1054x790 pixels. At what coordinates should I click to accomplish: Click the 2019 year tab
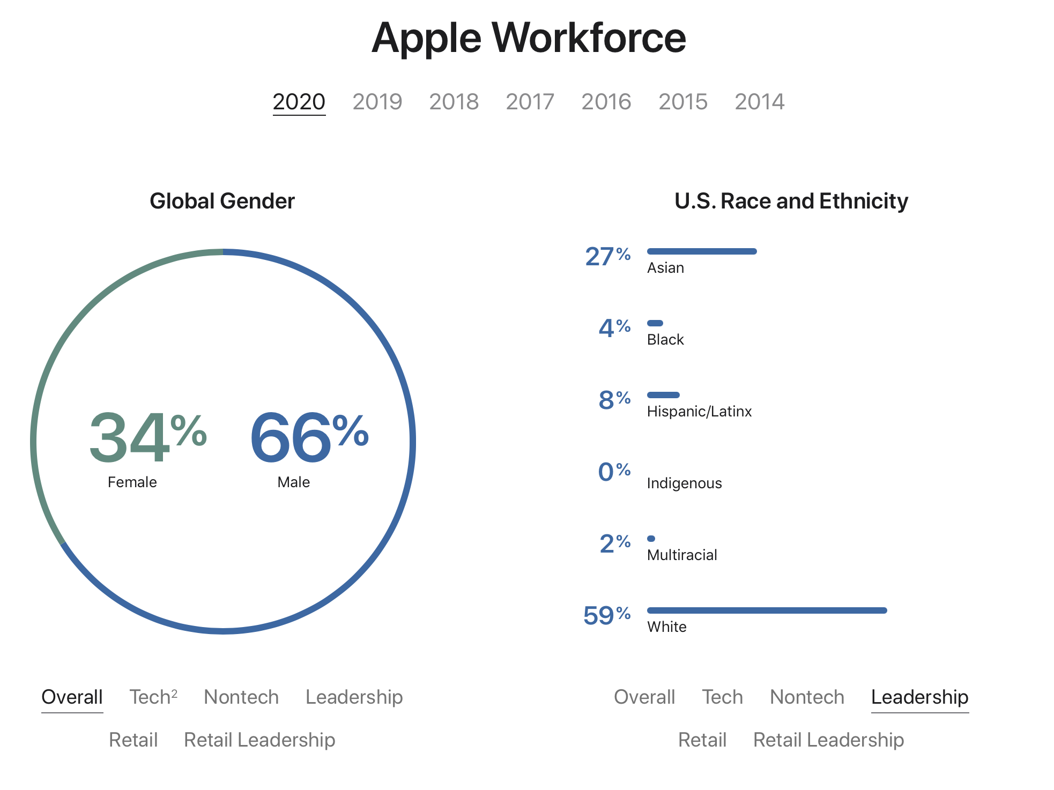377,102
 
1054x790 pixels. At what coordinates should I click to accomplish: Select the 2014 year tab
759,102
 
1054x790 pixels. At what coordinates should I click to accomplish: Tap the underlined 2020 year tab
299,102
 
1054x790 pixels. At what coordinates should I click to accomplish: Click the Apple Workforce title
528,38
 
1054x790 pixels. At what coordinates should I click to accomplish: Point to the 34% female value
147,437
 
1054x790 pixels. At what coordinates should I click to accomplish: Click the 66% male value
309,437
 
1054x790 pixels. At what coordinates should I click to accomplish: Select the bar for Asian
701,251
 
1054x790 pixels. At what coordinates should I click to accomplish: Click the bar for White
767,610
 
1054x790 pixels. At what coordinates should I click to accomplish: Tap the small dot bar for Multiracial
651,539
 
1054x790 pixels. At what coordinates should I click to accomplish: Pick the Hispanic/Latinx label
699,412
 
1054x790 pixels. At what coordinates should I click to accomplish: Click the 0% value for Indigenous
614,472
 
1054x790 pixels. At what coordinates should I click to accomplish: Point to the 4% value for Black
614,327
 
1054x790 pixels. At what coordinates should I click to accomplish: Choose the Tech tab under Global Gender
153,697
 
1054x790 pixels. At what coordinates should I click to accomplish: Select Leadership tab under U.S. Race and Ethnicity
919,697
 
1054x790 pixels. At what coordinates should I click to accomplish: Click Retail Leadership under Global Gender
259,740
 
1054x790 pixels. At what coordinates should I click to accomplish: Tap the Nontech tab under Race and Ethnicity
807,697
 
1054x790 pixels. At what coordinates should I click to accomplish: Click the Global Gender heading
222,202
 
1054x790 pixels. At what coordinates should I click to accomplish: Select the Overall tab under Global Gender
72,697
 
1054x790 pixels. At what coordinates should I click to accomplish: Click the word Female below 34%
132,482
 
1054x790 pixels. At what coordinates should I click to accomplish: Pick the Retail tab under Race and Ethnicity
702,740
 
